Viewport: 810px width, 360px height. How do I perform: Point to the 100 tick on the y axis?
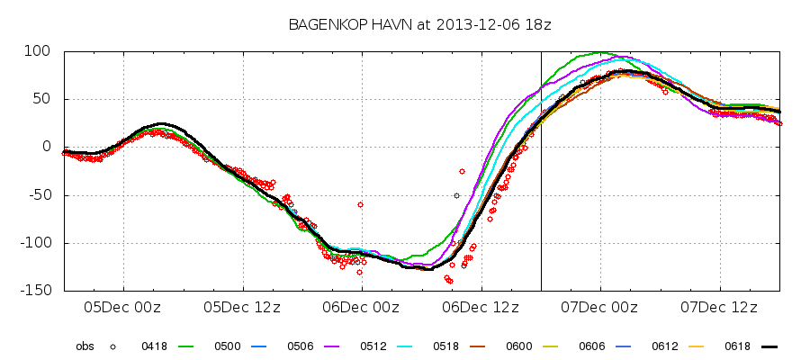[42, 51]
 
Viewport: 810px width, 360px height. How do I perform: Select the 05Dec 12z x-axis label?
[242, 307]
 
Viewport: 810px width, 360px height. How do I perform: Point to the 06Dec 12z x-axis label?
[481, 307]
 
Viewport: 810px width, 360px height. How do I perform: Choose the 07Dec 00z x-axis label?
[600, 307]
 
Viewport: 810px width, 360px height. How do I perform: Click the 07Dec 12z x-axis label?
[719, 307]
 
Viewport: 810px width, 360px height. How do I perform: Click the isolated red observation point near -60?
[360, 204]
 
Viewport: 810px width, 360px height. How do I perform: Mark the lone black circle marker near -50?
[456, 195]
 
